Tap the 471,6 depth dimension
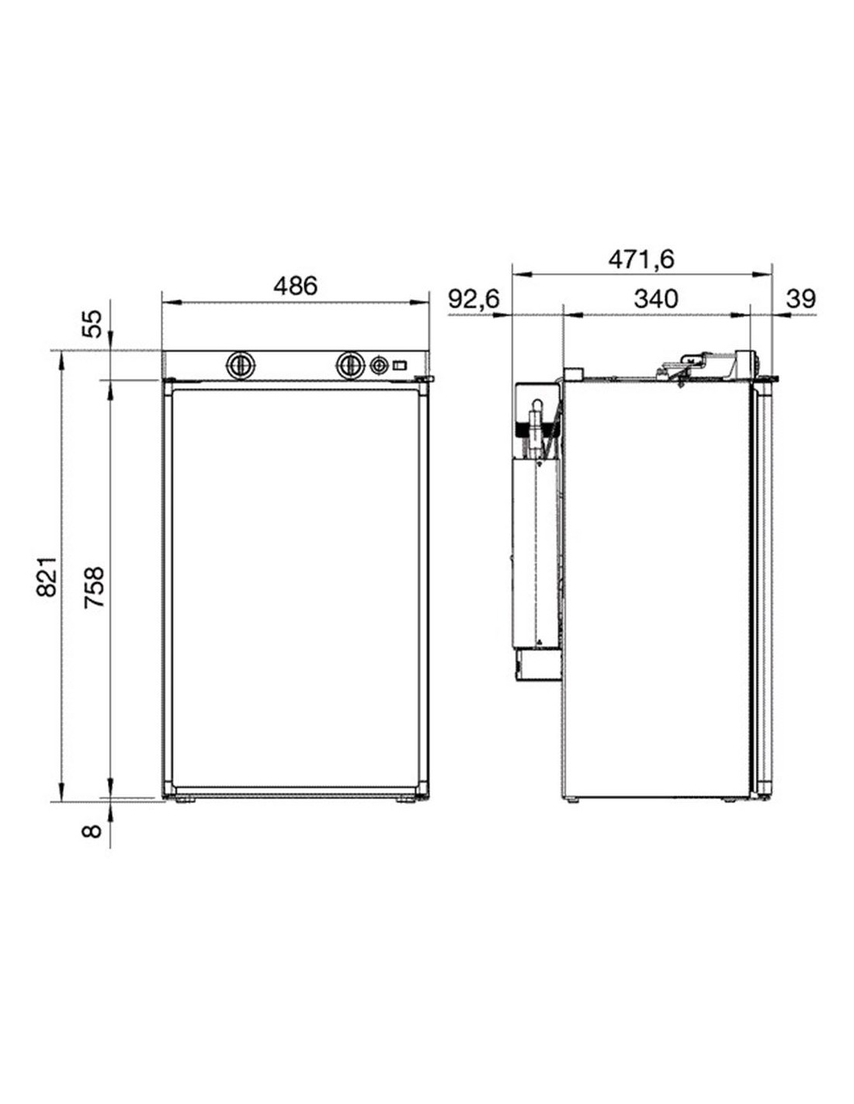(641, 259)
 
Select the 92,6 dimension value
(474, 299)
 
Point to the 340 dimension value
(656, 299)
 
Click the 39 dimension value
(801, 299)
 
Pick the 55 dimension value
(92, 324)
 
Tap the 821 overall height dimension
(46, 576)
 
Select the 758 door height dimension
(94, 587)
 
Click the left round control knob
(239, 365)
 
